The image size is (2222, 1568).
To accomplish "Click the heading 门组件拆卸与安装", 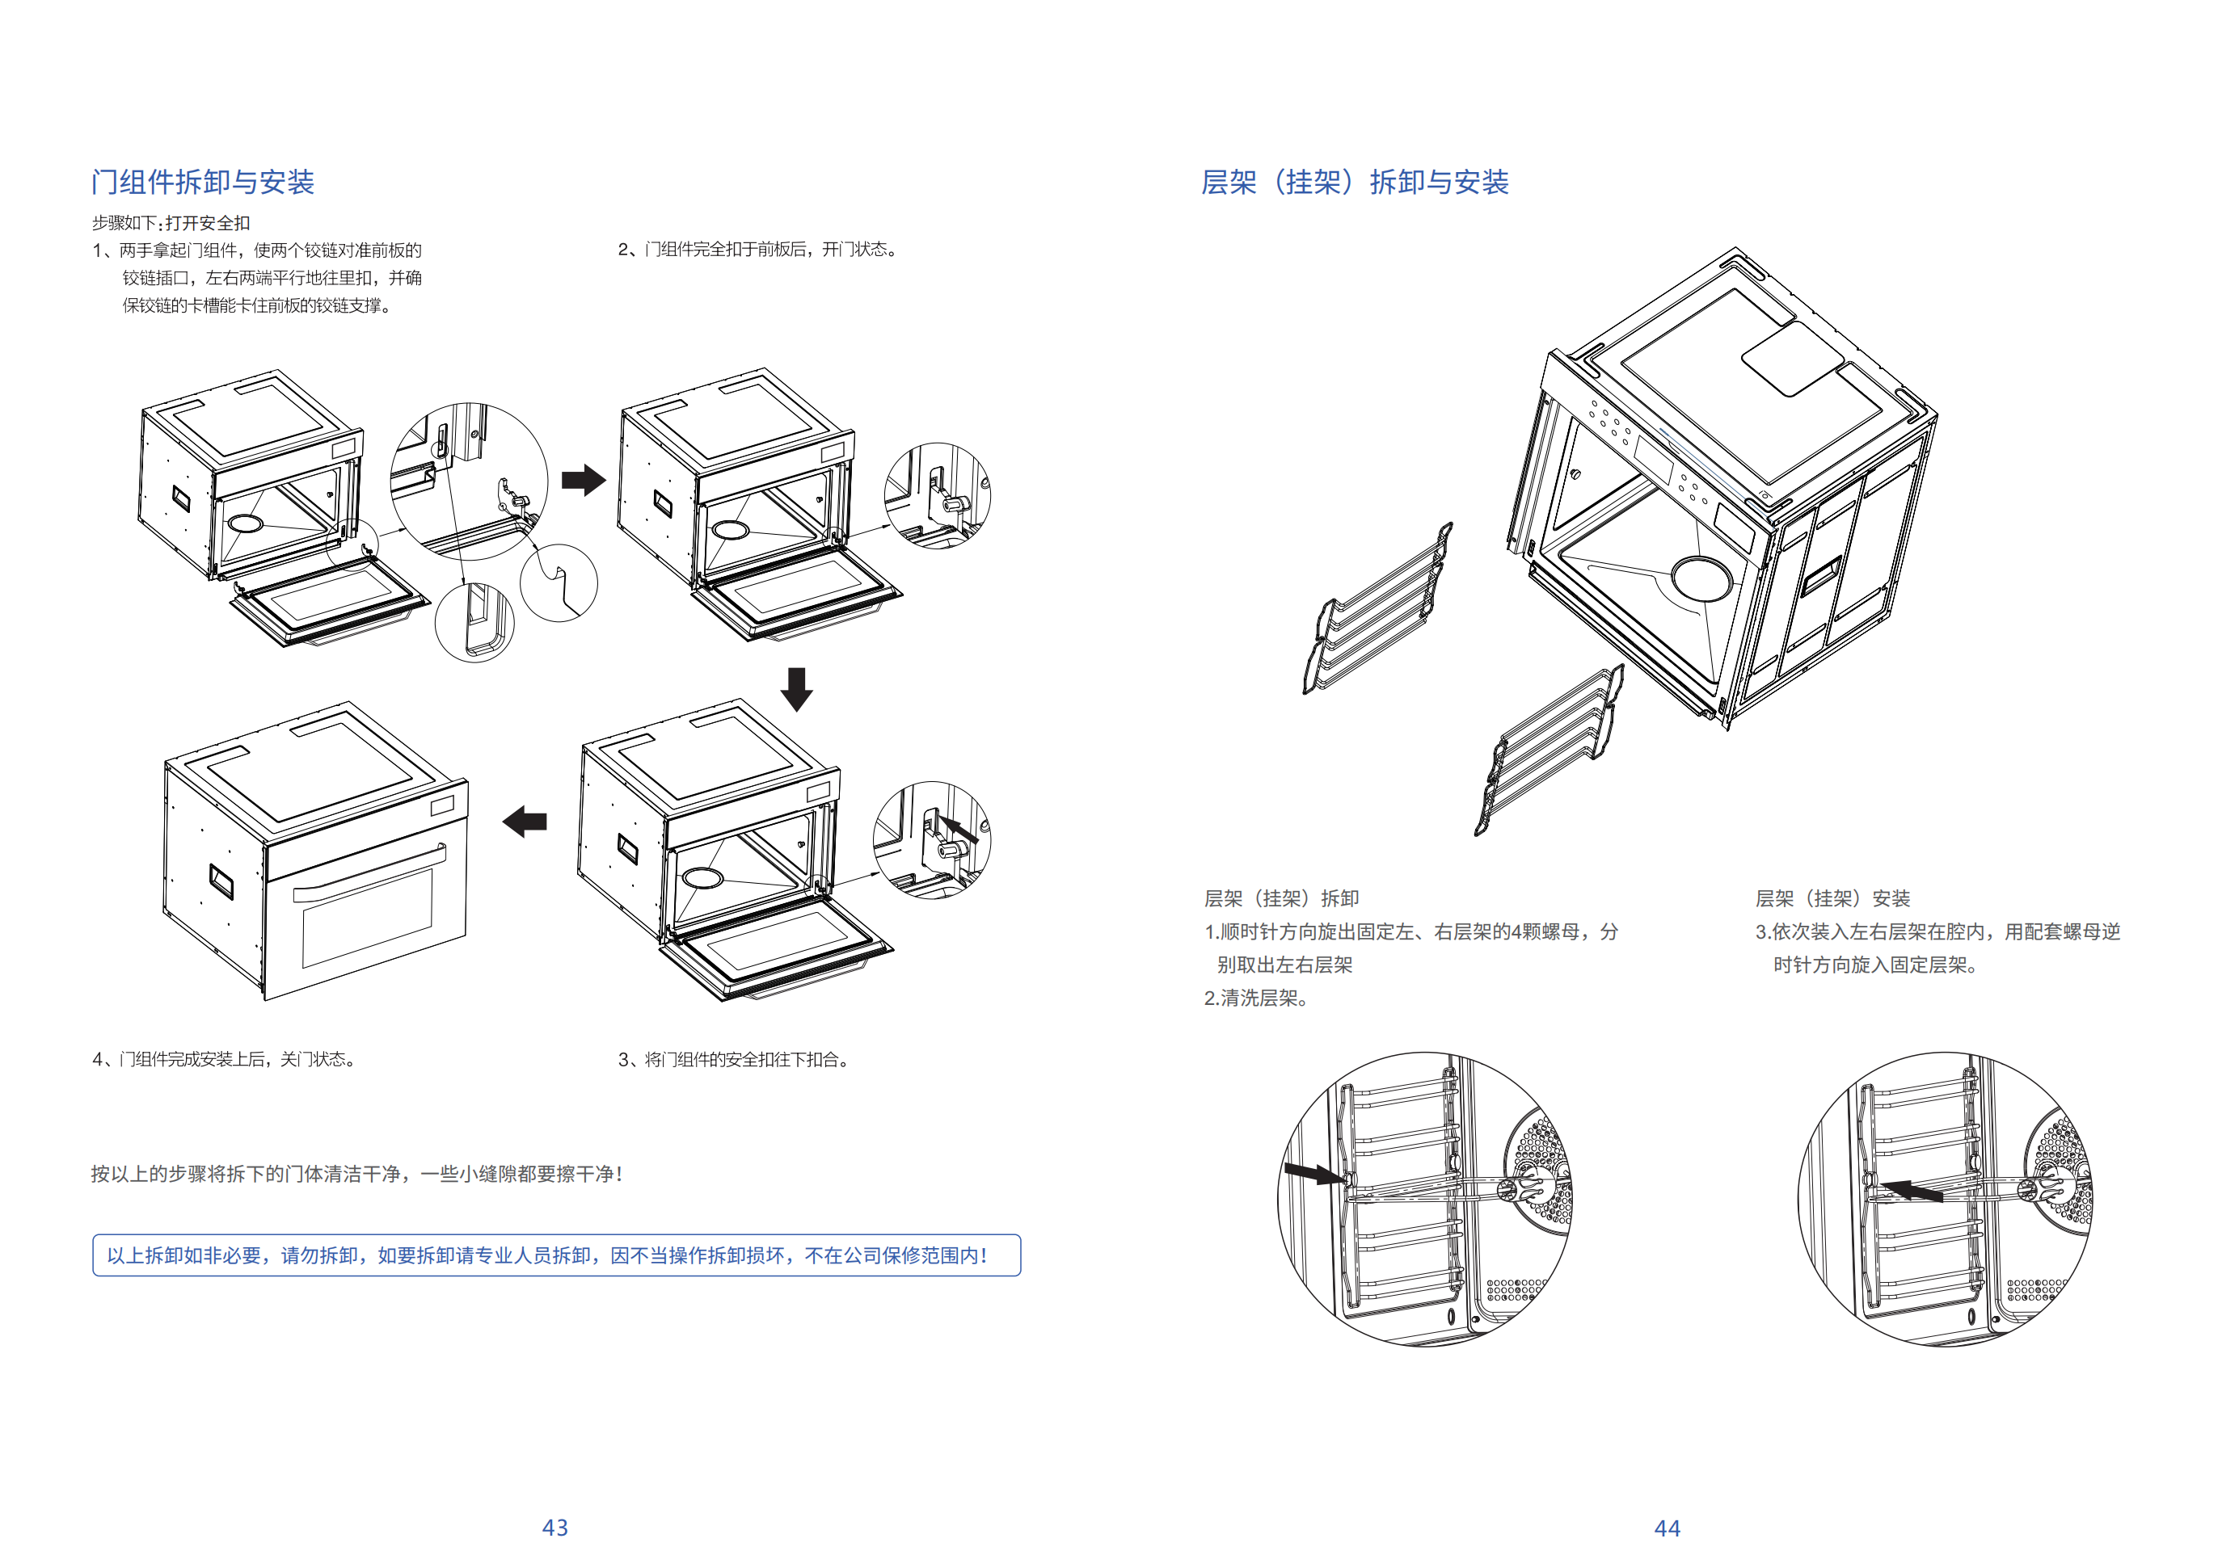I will click(203, 182).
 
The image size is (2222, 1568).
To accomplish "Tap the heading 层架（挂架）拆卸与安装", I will click(1354, 182).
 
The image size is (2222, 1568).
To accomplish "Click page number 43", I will click(554, 1528).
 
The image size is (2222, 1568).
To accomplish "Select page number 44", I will click(1667, 1528).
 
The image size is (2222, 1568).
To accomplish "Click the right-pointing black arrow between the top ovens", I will click(584, 480).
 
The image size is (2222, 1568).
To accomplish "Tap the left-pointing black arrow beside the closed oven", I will click(525, 822).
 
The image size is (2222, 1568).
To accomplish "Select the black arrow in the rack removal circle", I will click(1314, 1173).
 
